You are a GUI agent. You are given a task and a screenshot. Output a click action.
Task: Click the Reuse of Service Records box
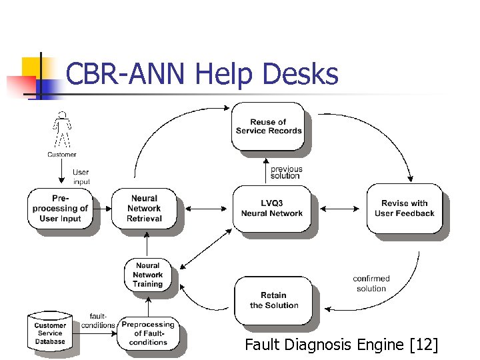269,127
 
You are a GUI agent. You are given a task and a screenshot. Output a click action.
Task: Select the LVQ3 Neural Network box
271,209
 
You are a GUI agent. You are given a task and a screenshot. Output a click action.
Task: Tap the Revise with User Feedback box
404,209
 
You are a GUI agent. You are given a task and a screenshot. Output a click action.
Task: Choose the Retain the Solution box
273,300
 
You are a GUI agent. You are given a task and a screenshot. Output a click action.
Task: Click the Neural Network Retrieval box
144,208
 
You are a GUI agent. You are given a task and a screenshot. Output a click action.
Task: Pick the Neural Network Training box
147,275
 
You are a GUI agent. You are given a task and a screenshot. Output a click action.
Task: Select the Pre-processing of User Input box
61,209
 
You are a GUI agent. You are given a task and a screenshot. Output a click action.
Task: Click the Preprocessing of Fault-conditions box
148,333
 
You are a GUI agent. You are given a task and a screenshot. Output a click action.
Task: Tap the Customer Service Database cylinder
50,333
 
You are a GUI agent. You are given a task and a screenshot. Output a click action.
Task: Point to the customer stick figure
62,130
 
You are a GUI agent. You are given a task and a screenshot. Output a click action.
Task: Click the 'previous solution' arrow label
286,172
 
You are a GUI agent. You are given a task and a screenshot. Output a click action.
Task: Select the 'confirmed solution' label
371,283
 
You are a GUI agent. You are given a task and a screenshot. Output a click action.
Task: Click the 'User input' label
81,177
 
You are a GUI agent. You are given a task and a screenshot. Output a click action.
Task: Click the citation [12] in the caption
425,345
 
